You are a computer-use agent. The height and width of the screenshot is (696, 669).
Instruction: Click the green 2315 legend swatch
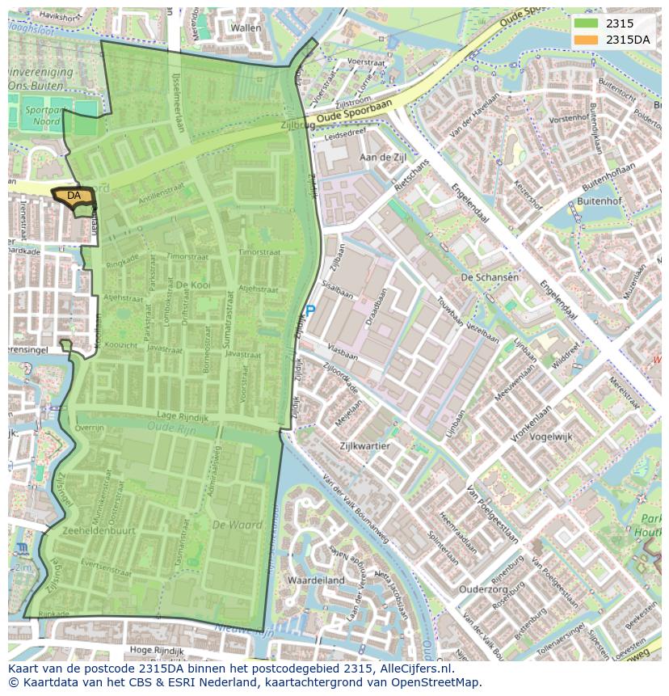[586, 23]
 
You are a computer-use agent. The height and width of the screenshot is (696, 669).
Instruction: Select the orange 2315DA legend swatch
[586, 40]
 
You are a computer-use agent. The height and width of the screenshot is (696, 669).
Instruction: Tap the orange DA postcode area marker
[74, 196]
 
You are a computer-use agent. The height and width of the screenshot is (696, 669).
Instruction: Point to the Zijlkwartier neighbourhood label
[364, 445]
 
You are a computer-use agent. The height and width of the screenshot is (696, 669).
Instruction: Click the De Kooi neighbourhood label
[194, 285]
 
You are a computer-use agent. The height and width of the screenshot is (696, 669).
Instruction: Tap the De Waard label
[238, 525]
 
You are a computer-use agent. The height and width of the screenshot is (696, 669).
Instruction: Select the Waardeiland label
[315, 580]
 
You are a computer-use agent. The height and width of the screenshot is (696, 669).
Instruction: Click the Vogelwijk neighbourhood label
[553, 436]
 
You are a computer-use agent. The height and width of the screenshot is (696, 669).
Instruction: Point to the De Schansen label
[490, 277]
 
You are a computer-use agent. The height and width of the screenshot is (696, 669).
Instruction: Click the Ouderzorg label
[483, 589]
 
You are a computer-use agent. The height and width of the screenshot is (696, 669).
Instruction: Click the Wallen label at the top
[246, 27]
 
